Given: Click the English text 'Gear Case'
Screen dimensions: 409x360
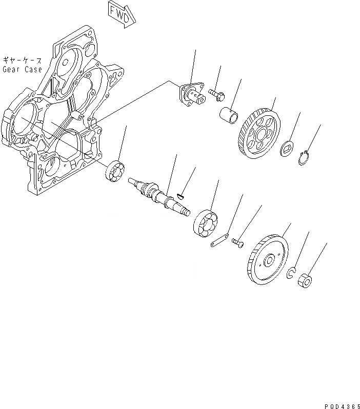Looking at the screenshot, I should click(x=22, y=69).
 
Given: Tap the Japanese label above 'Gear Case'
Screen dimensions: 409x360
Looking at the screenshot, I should click(x=22, y=60).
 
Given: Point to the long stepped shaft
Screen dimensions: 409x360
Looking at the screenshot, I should click(x=160, y=196).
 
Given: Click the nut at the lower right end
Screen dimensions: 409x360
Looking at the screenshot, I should click(x=305, y=281).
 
